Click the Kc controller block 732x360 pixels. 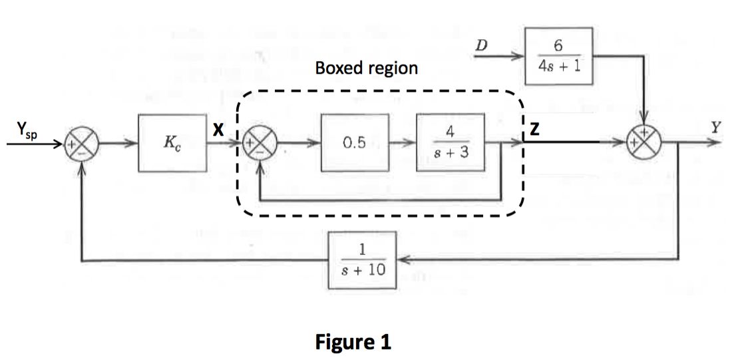coord(172,143)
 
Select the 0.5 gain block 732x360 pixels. coord(354,142)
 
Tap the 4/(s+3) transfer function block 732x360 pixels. coord(450,142)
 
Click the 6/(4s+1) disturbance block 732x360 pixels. coord(559,56)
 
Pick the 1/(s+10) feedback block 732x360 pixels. coord(362,260)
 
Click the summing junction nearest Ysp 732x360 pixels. coord(82,144)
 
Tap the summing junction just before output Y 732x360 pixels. coord(644,142)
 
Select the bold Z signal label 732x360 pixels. coord(535,129)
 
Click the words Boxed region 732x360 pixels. coord(367,69)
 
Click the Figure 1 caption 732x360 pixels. coord(353,341)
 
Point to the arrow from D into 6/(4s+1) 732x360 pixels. coord(500,57)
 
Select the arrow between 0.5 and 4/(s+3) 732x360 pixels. coord(403,142)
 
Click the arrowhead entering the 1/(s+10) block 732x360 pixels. coord(403,260)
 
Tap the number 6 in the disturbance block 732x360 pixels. coord(558,46)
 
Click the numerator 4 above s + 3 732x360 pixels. coord(450,132)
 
